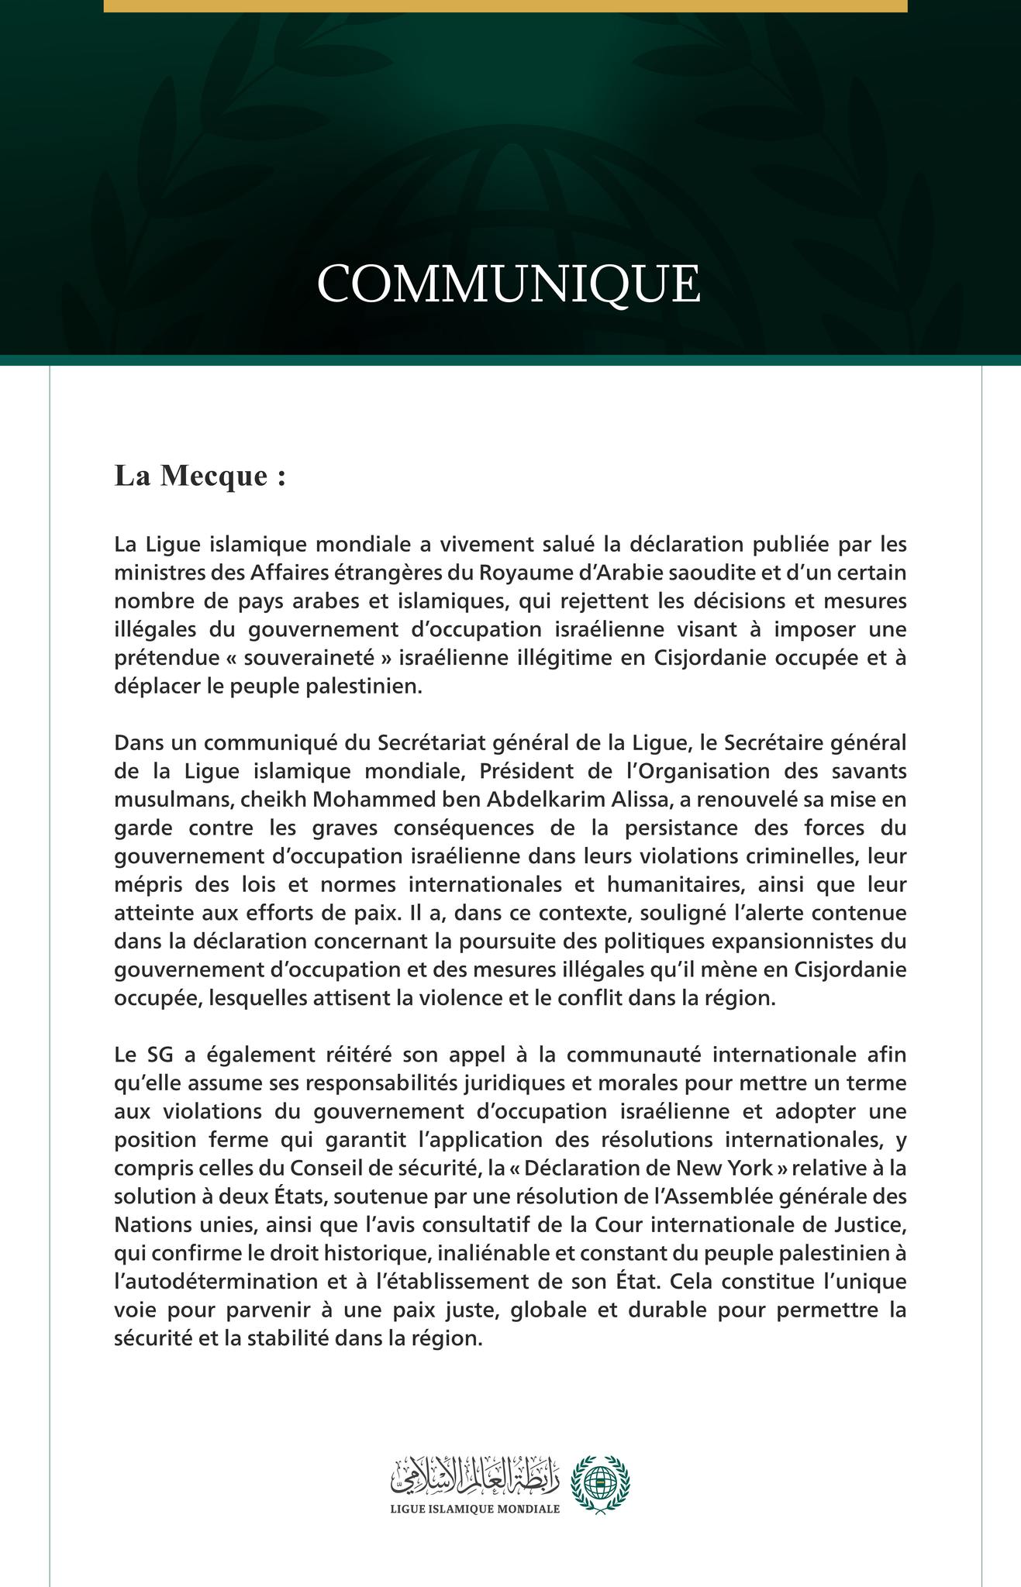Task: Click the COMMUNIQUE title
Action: point(509,284)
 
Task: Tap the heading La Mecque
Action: point(200,475)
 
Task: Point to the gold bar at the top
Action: point(505,6)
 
